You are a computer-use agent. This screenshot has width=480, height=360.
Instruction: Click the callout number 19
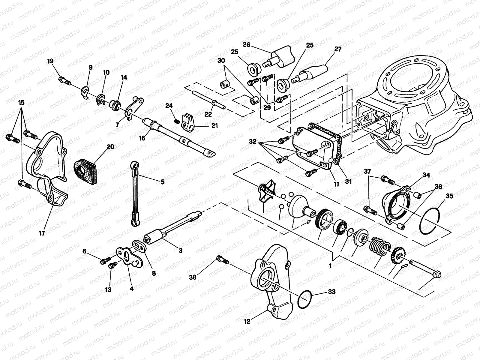50,61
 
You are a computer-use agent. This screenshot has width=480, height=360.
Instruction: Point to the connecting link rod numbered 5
134,192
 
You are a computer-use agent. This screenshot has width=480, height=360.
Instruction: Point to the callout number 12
247,322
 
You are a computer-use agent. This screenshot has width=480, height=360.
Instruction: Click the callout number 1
330,266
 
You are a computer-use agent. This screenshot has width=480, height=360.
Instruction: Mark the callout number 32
253,141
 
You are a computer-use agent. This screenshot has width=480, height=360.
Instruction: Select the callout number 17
42,233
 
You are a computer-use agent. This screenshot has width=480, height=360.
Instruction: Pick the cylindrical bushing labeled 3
154,235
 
